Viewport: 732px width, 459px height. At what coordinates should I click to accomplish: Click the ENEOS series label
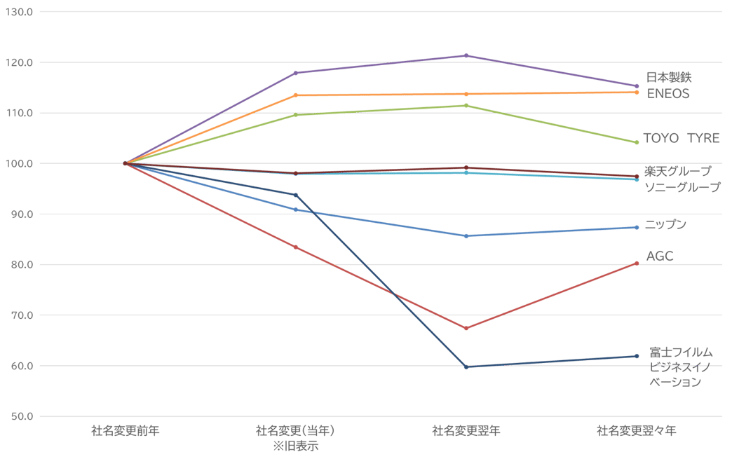(x=668, y=93)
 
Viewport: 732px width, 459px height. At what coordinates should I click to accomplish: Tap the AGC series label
(x=660, y=257)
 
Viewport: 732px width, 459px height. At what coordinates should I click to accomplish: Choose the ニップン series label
(x=666, y=225)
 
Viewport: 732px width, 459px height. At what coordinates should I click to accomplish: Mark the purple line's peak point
(x=466, y=55)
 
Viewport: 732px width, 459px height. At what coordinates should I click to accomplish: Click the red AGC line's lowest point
(x=466, y=328)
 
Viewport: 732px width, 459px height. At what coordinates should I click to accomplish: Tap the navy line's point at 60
(x=466, y=366)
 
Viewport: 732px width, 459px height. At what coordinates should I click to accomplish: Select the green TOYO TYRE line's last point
(x=637, y=142)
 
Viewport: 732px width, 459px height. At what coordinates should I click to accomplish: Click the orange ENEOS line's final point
(x=637, y=92)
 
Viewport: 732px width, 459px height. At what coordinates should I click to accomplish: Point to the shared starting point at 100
(x=126, y=163)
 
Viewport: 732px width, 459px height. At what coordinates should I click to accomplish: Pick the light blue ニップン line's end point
(x=637, y=227)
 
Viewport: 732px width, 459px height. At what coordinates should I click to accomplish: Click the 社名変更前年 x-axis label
(x=126, y=430)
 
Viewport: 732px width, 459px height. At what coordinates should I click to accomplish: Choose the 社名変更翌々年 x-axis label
(x=637, y=430)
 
